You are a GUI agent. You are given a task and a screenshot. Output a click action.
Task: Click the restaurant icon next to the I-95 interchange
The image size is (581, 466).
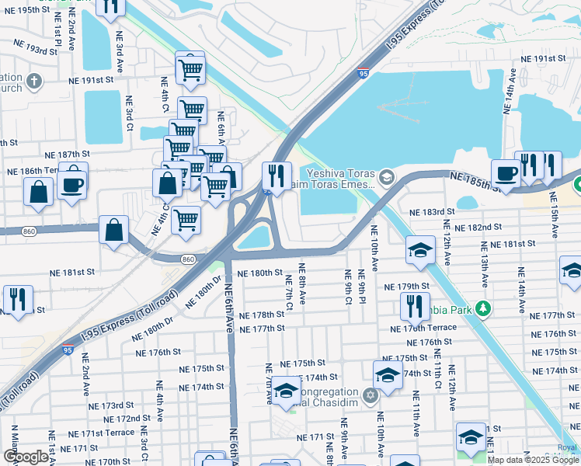point(276,175)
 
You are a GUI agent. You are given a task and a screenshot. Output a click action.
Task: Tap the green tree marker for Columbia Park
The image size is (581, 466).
point(482,308)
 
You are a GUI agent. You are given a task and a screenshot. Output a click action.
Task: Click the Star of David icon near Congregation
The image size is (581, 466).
point(370,396)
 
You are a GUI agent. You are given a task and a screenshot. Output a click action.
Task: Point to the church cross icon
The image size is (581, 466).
point(33,81)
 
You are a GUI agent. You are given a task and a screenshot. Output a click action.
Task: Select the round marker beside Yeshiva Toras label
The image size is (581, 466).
point(388,179)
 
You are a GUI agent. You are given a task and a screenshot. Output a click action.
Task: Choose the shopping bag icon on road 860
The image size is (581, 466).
point(114,230)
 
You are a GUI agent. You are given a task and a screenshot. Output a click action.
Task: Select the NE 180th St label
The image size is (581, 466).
point(260,273)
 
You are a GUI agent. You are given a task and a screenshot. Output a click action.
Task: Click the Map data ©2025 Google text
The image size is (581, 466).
point(534,460)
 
